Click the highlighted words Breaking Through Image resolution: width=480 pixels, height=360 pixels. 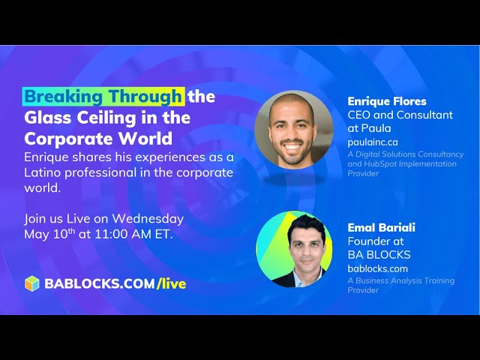point(103,97)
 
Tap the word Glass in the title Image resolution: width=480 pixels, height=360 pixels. point(47,118)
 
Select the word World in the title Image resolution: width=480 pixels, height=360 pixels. point(145,139)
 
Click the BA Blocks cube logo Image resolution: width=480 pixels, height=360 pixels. point(32,283)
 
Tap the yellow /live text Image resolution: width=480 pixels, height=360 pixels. point(171,283)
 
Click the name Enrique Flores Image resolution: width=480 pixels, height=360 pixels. point(387,101)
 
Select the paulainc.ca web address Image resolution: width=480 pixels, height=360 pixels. point(373,142)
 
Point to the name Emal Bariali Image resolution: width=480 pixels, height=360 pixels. point(382,227)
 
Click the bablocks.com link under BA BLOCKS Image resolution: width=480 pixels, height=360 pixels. point(378,268)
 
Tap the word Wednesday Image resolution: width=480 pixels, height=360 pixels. point(148,219)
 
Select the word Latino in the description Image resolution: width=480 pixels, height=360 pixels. point(43,172)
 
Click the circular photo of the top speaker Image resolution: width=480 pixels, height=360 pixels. point(294,130)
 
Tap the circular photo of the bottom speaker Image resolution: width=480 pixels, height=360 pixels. point(294,248)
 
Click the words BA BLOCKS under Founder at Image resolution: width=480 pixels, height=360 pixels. point(379,255)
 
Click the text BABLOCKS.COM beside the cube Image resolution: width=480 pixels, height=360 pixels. point(100,283)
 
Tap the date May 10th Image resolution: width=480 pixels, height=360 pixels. point(49,234)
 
